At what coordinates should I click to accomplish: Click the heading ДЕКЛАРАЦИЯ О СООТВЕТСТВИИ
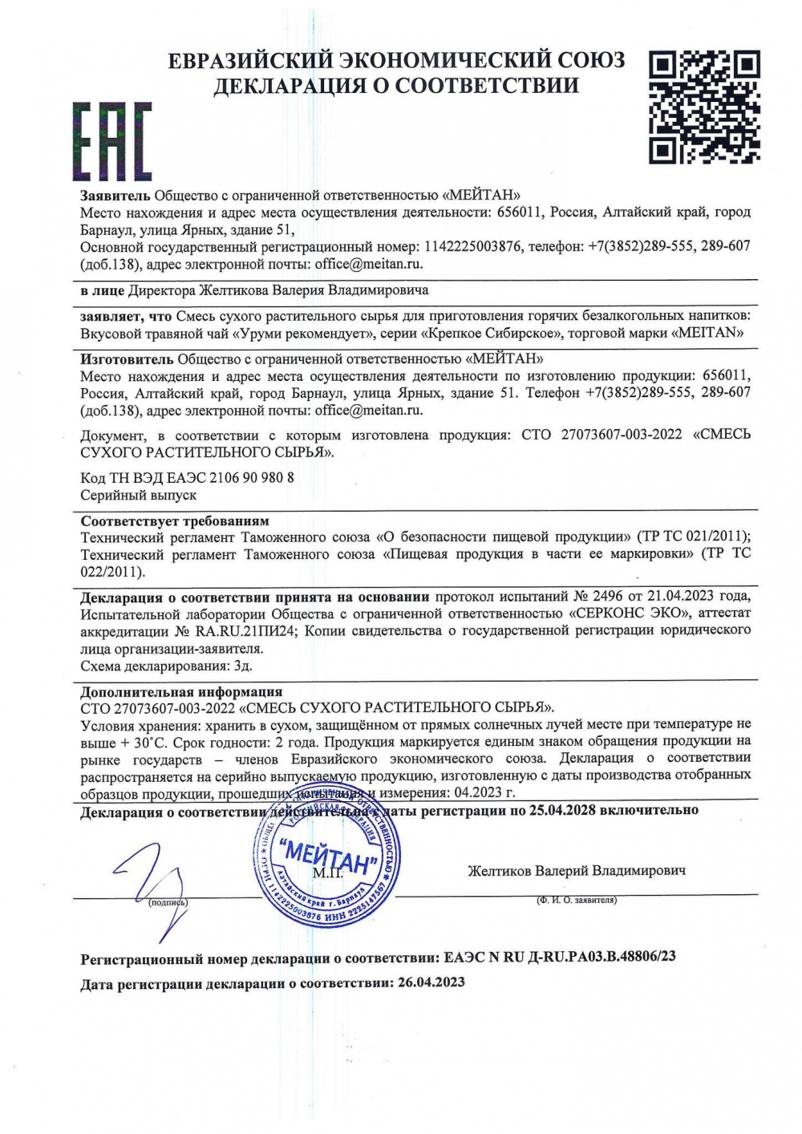pos(395,85)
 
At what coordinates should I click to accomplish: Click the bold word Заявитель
pos(115,195)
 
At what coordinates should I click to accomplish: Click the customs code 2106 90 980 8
pos(251,478)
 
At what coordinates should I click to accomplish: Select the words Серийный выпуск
pos(139,496)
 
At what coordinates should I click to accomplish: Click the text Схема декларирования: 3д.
pos(167,666)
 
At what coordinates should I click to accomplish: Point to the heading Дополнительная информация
pos(181,691)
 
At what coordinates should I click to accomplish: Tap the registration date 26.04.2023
pos(431,982)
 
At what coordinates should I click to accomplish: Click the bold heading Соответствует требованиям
pos(175,520)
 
